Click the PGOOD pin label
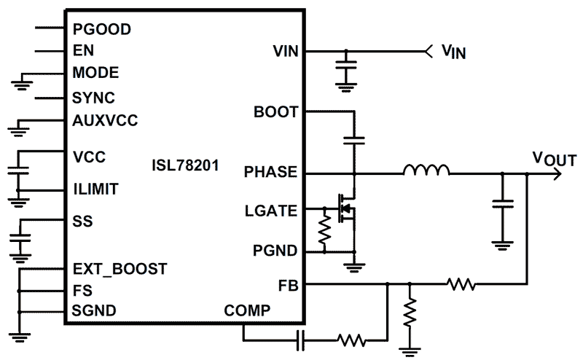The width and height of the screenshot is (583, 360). (101, 29)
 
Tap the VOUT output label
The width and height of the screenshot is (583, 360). (555, 158)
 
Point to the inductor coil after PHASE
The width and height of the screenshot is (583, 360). (426, 172)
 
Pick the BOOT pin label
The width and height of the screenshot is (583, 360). (275, 112)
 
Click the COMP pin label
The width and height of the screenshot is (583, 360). (247, 310)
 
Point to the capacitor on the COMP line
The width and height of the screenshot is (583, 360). (300, 338)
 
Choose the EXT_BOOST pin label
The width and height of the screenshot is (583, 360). (120, 269)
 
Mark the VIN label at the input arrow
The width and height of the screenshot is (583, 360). (454, 52)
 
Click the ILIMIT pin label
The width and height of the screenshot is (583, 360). (95, 189)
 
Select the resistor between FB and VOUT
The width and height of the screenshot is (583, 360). (461, 283)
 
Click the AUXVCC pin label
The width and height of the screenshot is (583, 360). (105, 120)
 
